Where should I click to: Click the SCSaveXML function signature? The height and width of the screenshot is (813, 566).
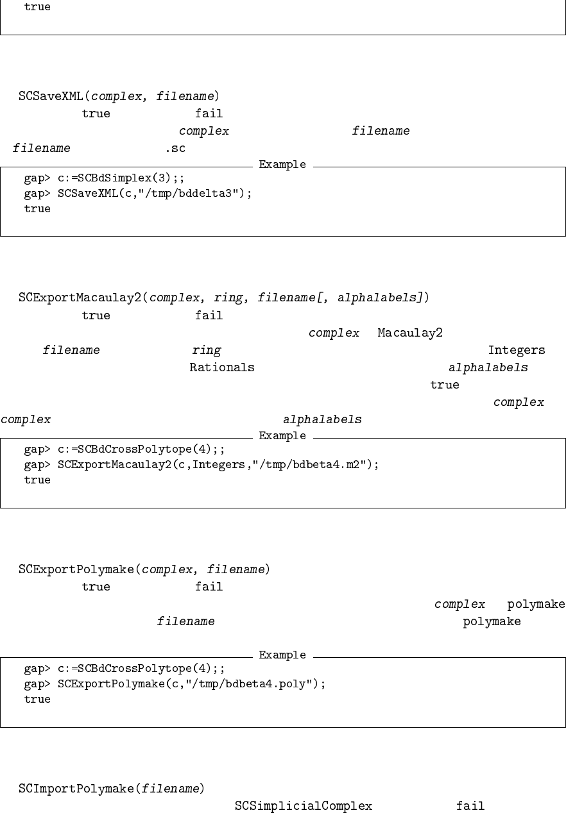point(119,97)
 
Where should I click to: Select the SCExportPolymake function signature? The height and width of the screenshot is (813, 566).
point(144,569)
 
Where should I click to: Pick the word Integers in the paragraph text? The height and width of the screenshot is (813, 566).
point(517,350)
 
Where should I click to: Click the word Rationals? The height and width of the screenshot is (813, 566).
point(222,367)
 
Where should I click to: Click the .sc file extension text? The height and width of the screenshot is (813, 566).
point(175,148)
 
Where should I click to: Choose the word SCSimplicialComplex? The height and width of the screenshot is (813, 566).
point(304,806)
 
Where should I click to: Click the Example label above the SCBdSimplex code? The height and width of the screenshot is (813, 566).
point(282,165)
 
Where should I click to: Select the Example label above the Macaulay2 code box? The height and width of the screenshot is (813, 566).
point(282,436)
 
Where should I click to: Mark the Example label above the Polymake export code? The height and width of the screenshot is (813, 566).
point(282,655)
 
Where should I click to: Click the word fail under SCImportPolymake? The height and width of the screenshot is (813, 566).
point(470,806)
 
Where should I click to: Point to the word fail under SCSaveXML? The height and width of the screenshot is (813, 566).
point(209,114)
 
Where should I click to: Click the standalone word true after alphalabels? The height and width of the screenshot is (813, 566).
point(445,385)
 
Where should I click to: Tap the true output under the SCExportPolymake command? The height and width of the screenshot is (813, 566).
point(37,699)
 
